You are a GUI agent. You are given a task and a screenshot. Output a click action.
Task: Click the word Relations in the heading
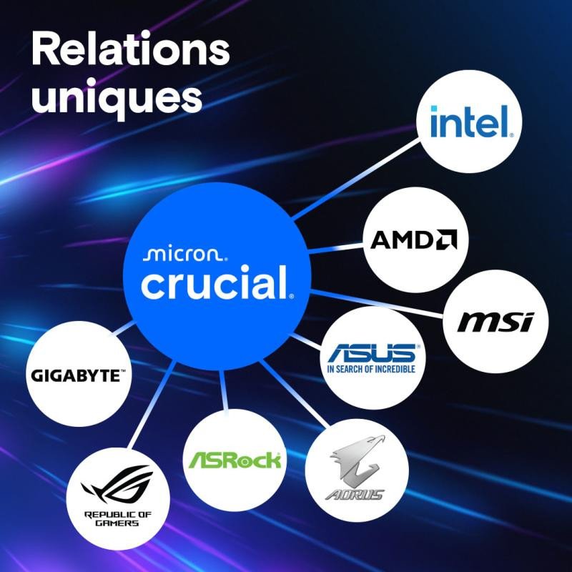tap(131, 49)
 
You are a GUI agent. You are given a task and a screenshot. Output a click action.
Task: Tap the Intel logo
tap(472, 122)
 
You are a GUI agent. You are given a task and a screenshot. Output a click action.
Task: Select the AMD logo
tap(414, 240)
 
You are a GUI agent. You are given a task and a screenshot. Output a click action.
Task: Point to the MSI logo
tap(495, 322)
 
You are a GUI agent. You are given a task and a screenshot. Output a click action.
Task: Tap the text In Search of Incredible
tap(371, 369)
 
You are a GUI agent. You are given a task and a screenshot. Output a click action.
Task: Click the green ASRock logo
tap(235, 460)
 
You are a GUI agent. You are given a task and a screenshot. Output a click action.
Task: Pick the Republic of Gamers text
tap(117, 518)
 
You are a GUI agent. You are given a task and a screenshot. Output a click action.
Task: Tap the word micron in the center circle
tap(185, 255)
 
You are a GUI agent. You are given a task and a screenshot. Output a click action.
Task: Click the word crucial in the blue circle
tap(217, 282)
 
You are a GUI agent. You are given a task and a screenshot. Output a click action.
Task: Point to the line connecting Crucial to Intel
tap(356, 179)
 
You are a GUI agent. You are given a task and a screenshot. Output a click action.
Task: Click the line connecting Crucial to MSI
tap(378, 303)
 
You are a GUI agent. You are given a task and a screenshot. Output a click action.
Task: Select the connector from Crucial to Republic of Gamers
tap(152, 405)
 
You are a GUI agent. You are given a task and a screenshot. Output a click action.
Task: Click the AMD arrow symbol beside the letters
tap(448, 239)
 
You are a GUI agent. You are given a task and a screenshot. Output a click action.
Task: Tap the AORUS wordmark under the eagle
tap(355, 494)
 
